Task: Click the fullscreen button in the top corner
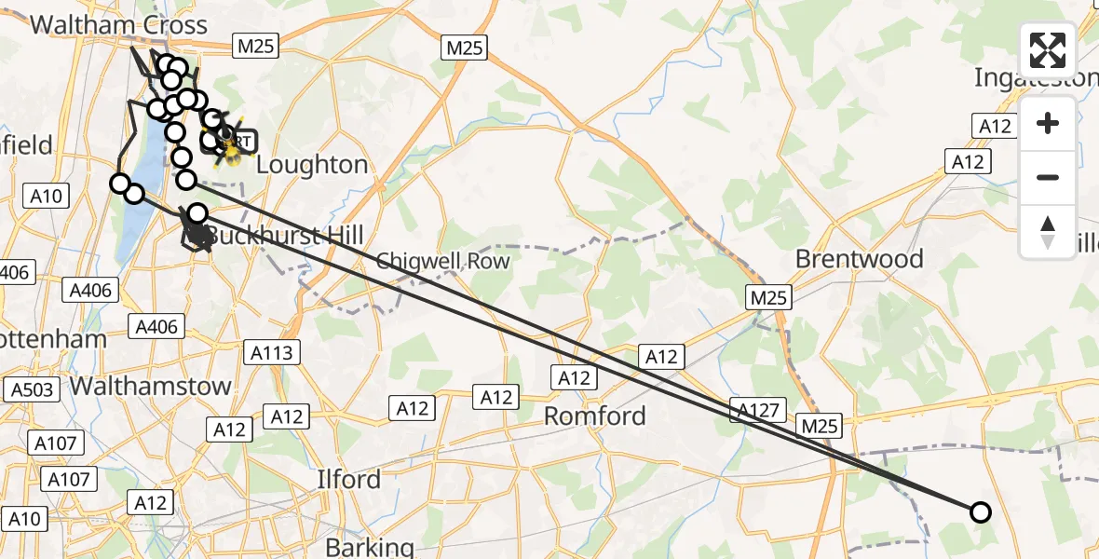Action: click(1048, 49)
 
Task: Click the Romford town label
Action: click(594, 416)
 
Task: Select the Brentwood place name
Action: click(859, 258)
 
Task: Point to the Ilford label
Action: click(348, 479)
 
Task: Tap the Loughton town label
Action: click(311, 165)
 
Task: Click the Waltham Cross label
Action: click(118, 24)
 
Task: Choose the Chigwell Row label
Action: click(443, 261)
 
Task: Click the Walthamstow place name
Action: click(151, 386)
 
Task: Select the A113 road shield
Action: click(272, 352)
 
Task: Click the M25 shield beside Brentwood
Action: click(768, 298)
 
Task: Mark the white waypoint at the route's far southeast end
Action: click(980, 511)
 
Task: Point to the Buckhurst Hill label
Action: click(284, 236)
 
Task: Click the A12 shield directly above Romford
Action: click(574, 377)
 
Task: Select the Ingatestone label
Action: click(1036, 78)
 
